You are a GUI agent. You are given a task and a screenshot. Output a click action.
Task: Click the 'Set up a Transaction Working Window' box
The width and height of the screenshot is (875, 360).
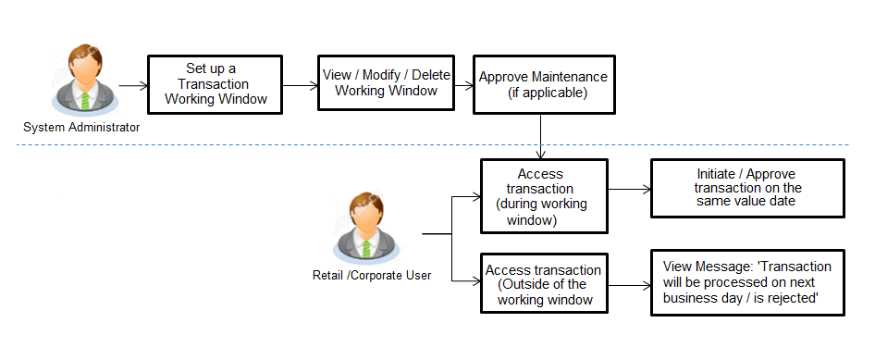click(x=215, y=83)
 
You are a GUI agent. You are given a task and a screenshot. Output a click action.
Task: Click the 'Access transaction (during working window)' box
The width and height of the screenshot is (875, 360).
click(x=543, y=196)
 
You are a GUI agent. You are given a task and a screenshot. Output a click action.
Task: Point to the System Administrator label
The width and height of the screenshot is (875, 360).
click(x=81, y=128)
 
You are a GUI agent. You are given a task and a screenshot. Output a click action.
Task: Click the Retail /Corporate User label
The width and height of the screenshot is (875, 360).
click(x=372, y=275)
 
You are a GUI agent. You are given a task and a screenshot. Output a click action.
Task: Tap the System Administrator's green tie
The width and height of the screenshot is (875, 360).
click(x=84, y=99)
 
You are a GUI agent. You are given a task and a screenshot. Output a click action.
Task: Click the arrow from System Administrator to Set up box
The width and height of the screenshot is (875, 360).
click(x=133, y=85)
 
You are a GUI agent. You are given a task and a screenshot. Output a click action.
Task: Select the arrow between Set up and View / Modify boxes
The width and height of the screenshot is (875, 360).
click(x=298, y=85)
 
